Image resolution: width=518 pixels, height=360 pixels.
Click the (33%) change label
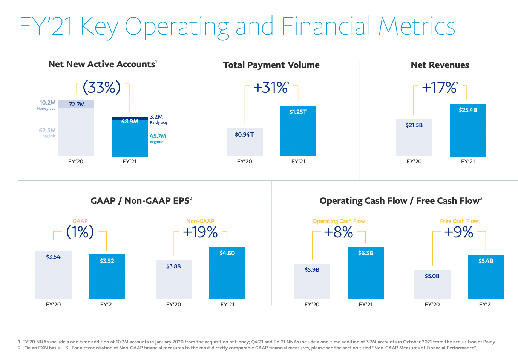click(102, 87)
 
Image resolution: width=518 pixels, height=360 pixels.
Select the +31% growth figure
click(270, 88)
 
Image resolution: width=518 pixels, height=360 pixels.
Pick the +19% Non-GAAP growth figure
click(200, 232)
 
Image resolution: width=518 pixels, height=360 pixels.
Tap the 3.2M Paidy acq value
click(156, 117)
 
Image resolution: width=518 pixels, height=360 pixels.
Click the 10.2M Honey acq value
click(48, 103)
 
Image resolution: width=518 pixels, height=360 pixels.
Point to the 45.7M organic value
click(158, 136)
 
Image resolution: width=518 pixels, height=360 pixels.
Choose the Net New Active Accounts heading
click(102, 65)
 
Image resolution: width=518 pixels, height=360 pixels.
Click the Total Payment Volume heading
click(271, 65)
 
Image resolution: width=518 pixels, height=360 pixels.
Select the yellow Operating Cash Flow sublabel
click(339, 221)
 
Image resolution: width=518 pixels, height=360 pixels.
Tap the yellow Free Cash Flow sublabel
click(459, 221)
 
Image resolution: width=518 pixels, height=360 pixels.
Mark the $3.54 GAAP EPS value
click(53, 257)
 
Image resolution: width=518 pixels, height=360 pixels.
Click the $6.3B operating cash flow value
click(365, 253)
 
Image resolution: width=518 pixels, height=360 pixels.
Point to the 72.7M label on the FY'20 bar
click(77, 105)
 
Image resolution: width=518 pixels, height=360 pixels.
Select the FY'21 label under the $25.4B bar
click(468, 162)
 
